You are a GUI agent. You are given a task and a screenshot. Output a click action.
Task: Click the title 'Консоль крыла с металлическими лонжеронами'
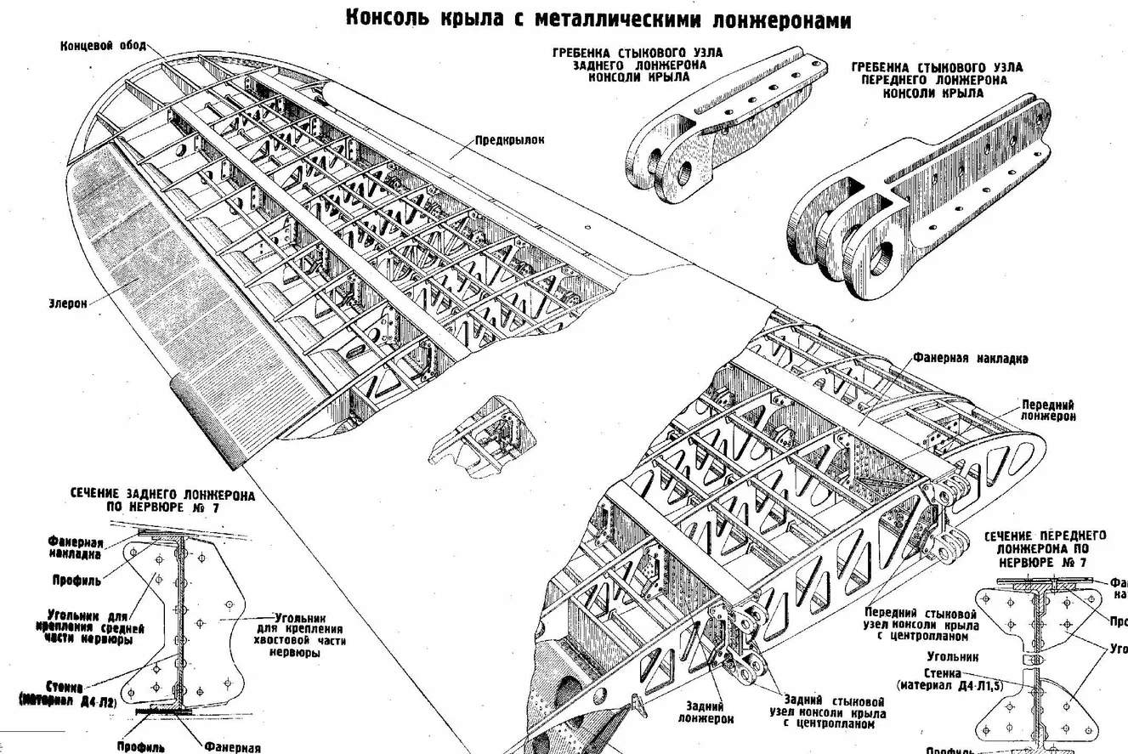[598, 19]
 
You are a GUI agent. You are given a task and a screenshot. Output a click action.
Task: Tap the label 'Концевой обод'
[103, 45]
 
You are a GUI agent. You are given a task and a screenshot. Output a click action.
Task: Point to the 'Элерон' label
[68, 303]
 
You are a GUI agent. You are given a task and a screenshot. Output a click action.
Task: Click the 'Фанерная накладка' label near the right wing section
[971, 359]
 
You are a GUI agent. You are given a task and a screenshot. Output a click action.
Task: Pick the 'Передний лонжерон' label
[1048, 411]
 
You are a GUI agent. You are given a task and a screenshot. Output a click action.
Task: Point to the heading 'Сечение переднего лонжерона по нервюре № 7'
[1045, 549]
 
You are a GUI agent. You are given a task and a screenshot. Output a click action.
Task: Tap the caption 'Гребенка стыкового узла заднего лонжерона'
[638, 65]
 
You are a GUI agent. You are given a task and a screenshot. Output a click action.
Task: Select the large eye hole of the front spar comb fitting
[882, 257]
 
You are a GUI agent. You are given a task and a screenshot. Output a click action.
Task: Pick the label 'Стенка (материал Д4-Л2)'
[67, 694]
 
